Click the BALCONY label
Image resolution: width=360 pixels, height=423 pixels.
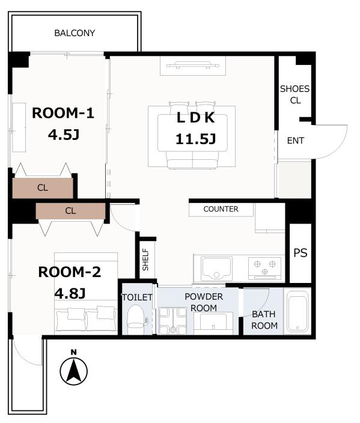(75, 33)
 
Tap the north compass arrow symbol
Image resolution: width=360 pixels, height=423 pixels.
(73, 371)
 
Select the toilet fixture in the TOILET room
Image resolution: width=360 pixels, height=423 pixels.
(137, 320)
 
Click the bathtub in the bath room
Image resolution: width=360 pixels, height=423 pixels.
(297, 312)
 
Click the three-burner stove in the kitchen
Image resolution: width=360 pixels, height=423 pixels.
(264, 269)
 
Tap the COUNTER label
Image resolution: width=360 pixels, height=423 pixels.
(221, 209)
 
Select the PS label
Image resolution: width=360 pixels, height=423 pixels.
(300, 253)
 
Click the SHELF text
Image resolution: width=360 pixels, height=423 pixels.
(145, 259)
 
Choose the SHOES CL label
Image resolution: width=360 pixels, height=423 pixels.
(294, 94)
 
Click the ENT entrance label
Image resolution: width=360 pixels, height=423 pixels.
(296, 141)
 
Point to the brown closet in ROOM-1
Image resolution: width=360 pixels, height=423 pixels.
(43, 187)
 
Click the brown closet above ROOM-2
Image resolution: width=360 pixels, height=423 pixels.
(70, 211)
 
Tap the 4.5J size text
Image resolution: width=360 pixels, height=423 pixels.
(64, 135)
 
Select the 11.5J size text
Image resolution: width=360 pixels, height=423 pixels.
(196, 139)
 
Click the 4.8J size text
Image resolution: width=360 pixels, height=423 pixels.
(70, 293)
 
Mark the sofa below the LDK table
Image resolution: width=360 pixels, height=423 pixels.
(192, 160)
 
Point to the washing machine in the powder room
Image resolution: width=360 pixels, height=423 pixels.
(172, 321)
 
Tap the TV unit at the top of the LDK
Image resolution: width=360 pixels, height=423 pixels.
(193, 65)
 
